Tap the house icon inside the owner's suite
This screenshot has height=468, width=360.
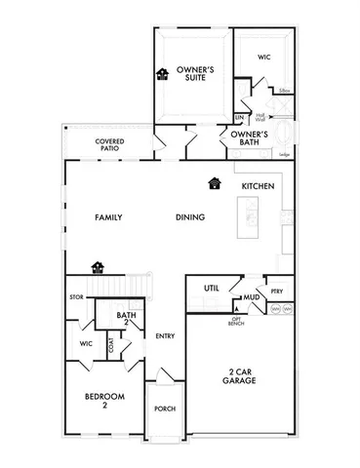(x=161, y=74)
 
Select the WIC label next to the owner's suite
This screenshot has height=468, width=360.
(x=263, y=58)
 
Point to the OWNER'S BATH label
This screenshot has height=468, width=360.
(x=258, y=136)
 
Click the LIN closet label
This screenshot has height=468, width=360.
(x=239, y=117)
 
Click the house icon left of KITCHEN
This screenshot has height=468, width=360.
(x=214, y=182)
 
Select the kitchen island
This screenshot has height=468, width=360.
(x=258, y=221)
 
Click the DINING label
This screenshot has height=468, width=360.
(x=189, y=216)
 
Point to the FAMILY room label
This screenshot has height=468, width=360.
(x=107, y=216)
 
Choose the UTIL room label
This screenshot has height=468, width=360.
(x=210, y=289)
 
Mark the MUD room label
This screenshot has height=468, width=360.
(x=251, y=295)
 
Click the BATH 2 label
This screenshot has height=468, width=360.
(x=125, y=318)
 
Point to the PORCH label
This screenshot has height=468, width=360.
(x=165, y=409)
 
